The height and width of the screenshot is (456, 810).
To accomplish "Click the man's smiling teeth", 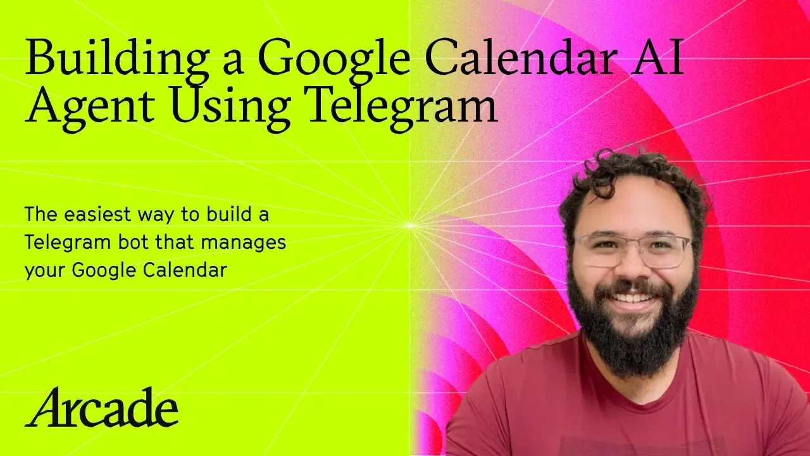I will coord(632,296).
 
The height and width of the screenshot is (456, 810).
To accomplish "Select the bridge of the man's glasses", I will coord(633,243).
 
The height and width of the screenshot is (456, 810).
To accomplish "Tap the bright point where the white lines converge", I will coord(410,225).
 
